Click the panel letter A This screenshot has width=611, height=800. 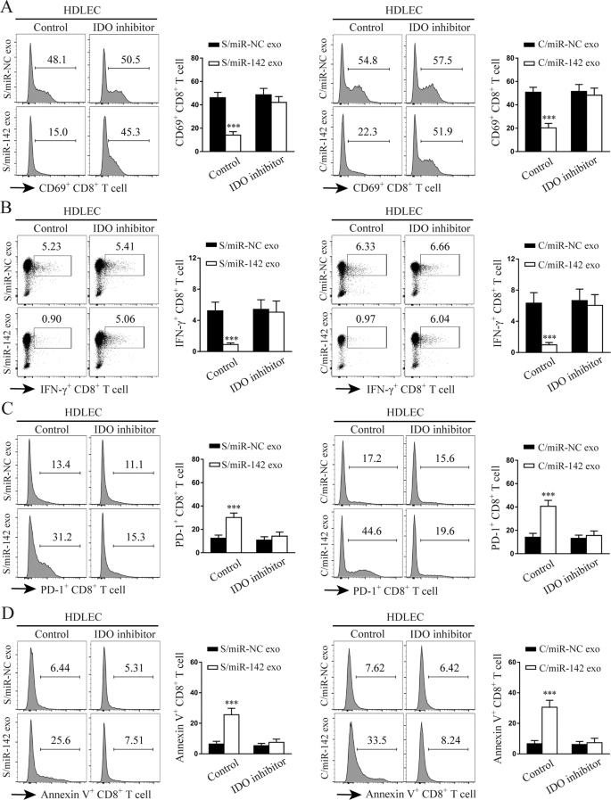8,9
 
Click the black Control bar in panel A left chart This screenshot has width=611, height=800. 216,118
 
